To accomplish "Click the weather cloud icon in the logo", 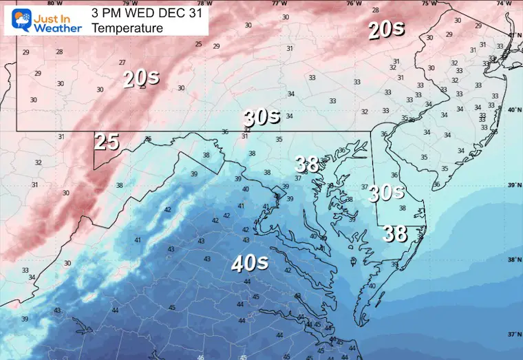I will click(x=14, y=20).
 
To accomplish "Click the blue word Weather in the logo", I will click(x=56, y=28).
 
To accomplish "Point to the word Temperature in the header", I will click(x=127, y=28).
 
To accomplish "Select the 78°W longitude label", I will click(x=204, y=3).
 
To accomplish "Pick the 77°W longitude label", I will click(x=279, y=3).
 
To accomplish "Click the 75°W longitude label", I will click(x=429, y=3).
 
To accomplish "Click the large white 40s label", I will click(x=249, y=262).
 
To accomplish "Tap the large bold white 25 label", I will click(x=107, y=142).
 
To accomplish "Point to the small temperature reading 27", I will click(x=122, y=62).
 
